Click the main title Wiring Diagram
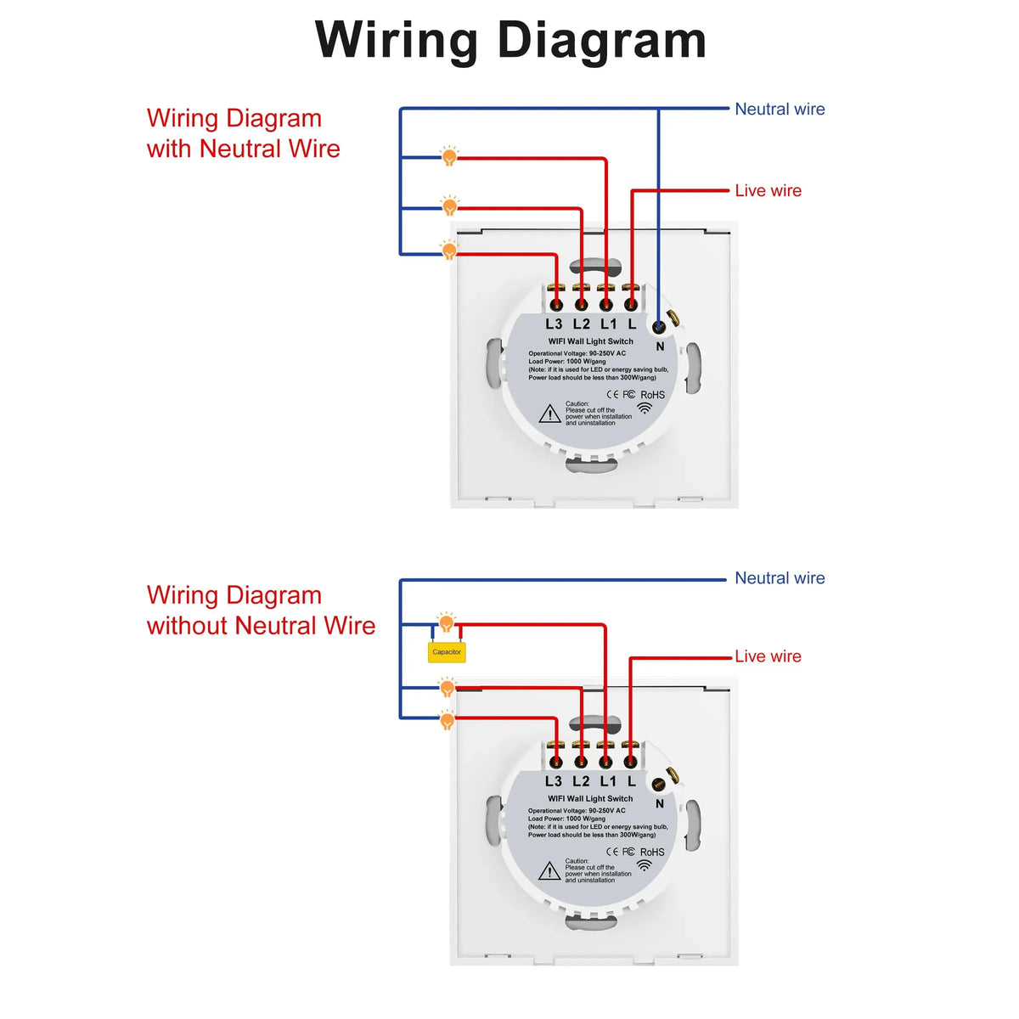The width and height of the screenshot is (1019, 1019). [509, 41]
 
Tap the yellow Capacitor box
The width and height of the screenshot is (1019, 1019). [447, 652]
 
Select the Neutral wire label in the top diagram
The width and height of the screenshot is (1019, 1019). [779, 109]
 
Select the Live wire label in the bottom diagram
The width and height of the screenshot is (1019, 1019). [768, 656]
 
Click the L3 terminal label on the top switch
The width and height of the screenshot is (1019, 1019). [554, 324]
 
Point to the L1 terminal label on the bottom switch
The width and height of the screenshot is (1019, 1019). [608, 781]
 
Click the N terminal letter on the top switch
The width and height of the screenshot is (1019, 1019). [660, 346]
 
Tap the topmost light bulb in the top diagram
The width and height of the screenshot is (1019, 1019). [449, 156]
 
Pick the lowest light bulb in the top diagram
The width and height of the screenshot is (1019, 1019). [449, 251]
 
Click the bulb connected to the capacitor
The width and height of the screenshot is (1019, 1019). [447, 624]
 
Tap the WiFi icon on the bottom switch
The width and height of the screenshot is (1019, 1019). [645, 865]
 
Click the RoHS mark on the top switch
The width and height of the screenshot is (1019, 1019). [652, 395]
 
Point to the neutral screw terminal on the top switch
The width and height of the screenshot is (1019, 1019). [659, 326]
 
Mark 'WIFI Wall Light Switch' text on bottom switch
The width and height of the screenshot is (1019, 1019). [590, 798]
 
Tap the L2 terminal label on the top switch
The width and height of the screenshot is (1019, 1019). [581, 324]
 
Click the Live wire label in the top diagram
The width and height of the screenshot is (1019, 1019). [768, 191]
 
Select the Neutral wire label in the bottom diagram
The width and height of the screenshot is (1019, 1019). [779, 578]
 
